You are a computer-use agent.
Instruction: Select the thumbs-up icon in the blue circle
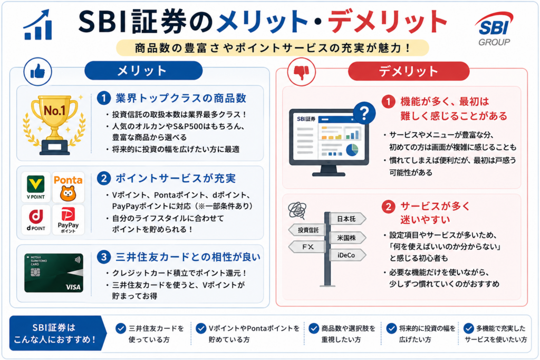[x=38, y=72]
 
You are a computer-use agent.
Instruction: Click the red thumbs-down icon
[x=301, y=72]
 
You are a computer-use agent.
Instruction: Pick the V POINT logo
[x=36, y=188]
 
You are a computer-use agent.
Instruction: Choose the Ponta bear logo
[x=68, y=188]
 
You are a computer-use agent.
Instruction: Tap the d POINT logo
[x=36, y=220]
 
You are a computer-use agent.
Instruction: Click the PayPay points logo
[x=68, y=220]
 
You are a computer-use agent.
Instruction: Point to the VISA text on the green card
[x=73, y=287]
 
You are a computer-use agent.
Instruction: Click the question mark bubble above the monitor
[x=364, y=113]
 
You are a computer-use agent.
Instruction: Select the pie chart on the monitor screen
[x=352, y=150]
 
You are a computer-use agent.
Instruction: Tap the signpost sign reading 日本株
[x=348, y=219]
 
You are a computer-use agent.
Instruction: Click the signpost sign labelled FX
[x=307, y=247]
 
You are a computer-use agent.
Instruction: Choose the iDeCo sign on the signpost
[x=348, y=255]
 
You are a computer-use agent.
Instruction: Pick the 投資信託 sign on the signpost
[x=307, y=230]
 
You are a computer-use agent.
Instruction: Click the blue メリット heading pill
[x=143, y=71]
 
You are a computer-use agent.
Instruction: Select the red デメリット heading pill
[x=409, y=71]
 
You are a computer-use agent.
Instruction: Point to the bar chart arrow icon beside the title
[x=38, y=25]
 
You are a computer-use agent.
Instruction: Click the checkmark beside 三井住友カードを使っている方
[x=121, y=328]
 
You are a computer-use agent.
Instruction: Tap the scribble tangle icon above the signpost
[x=297, y=210]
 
